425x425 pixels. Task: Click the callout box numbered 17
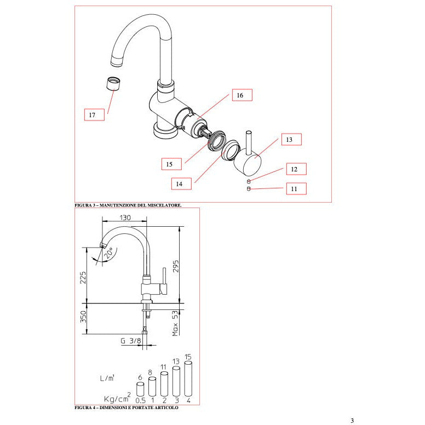pos(92,115)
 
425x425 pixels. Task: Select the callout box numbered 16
pos(240,95)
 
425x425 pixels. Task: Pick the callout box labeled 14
pos(180,184)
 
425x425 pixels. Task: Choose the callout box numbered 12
pos(295,169)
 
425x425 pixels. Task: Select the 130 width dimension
pos(125,217)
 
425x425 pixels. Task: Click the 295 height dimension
pos(176,266)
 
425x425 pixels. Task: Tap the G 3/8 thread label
pos(130,341)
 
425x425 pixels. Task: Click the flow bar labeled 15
pos(188,378)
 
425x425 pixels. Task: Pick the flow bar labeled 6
pos(140,389)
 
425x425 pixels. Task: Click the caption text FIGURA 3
pos(128,205)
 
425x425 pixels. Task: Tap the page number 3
pos(352,420)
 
